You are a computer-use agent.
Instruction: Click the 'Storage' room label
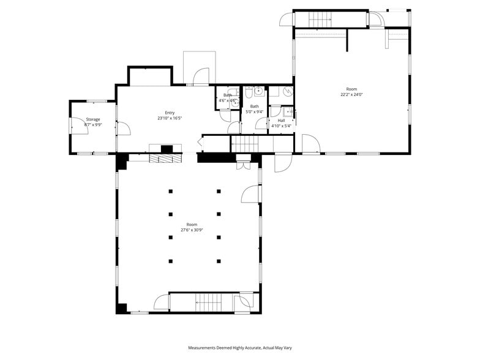tap(92, 119)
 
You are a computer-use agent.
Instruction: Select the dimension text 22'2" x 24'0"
tap(352, 95)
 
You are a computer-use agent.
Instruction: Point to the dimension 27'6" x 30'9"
tap(192, 230)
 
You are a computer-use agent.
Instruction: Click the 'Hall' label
tap(281, 121)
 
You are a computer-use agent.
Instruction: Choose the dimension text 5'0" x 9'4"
tap(254, 112)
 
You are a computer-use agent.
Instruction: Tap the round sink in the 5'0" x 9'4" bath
tap(259, 92)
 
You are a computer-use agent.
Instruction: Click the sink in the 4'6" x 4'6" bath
tap(234, 104)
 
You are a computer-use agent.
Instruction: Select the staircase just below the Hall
tap(249, 144)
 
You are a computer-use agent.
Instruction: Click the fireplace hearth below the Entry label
tap(165, 158)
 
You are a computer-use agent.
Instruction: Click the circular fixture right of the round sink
tap(288, 92)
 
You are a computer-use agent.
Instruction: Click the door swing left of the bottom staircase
tap(161, 302)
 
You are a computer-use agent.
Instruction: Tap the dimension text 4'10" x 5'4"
tap(281, 126)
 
